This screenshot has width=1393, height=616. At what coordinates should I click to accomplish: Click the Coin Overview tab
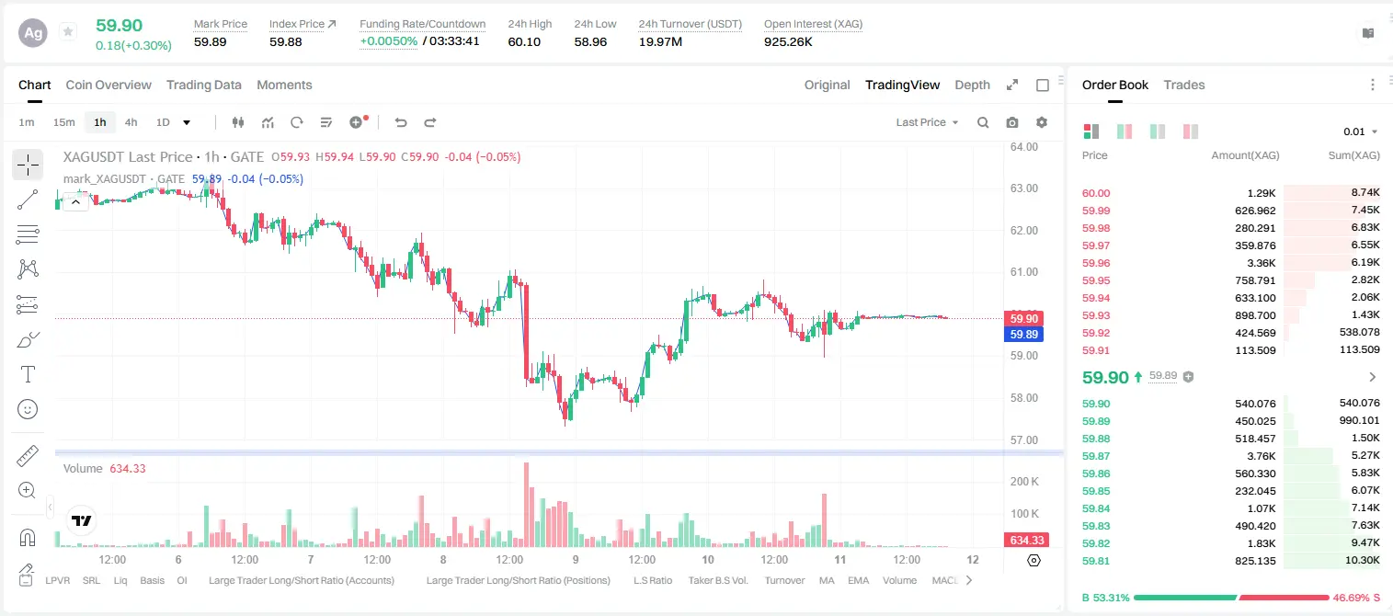[108, 85]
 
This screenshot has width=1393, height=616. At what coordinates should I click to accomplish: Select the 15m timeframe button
[64, 122]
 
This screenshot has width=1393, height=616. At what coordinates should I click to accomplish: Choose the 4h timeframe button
[131, 122]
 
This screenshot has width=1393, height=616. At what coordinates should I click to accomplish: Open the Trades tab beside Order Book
[1184, 85]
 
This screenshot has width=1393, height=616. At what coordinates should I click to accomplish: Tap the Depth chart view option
[972, 85]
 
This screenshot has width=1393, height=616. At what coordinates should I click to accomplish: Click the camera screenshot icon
[1012, 122]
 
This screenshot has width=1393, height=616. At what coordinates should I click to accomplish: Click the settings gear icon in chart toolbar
[1042, 122]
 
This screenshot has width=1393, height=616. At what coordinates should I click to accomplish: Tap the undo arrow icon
[401, 122]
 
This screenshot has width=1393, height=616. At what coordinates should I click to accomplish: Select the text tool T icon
[28, 374]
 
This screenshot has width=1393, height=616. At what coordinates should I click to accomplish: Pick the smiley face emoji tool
[28, 409]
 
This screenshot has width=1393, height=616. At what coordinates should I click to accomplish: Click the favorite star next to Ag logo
[68, 31]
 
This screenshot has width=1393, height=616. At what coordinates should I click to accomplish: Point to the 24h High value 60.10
[524, 41]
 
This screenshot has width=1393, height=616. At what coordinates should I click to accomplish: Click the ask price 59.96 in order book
[1096, 263]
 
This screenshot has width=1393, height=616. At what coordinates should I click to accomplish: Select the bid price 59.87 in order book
[1096, 456]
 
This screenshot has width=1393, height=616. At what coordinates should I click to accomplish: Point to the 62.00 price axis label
[1023, 230]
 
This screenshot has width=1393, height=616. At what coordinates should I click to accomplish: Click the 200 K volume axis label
[1024, 481]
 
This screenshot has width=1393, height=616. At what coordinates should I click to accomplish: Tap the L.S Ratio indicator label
[652, 580]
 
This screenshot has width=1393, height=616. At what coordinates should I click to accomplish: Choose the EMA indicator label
[858, 580]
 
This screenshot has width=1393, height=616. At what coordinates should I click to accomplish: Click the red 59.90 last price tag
[1023, 318]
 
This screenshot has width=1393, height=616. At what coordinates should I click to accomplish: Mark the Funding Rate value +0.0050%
[389, 41]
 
